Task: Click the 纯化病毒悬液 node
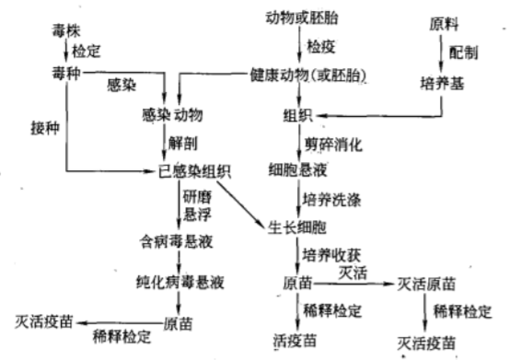(177, 281)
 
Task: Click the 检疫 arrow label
(323, 44)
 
